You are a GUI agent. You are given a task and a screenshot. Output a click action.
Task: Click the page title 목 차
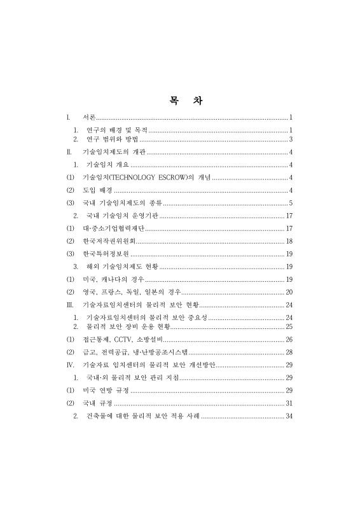coord(180,101)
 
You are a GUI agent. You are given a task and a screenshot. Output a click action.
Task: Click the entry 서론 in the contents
coord(89,118)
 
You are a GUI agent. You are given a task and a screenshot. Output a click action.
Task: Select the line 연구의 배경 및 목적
coord(116,130)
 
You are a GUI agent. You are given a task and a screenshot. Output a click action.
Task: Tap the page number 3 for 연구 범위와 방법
coord(291,139)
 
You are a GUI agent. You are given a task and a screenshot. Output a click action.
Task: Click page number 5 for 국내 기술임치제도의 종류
coord(291,203)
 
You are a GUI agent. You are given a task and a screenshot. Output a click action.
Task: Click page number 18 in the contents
coord(289,241)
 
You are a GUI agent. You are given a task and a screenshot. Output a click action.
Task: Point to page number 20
coord(289,292)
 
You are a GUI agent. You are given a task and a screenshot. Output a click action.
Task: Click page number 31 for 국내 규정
coord(289,403)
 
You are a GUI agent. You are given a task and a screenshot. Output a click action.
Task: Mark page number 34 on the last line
coord(289,416)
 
